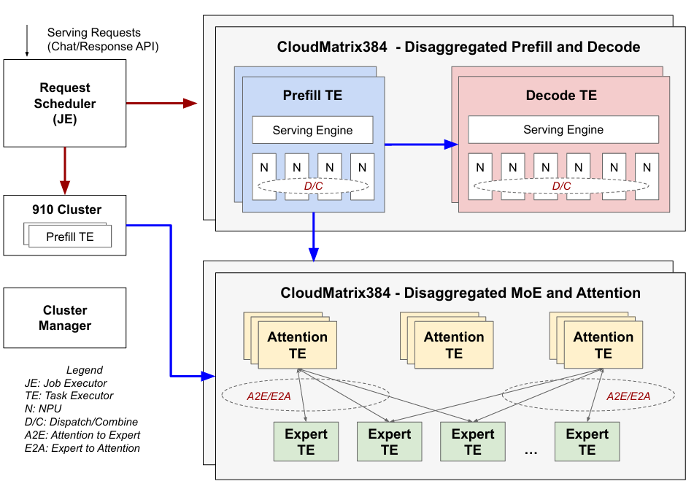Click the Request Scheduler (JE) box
tap(65, 104)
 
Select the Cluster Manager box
tap(65, 318)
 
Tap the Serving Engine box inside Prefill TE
tap(312, 131)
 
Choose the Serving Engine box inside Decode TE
tap(563, 130)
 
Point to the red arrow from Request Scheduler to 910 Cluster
tap(65, 169)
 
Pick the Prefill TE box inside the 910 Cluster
tap(71, 236)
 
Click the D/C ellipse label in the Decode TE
tap(561, 186)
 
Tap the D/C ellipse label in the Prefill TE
tap(313, 186)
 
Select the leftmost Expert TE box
tap(306, 442)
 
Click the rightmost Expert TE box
tap(587, 442)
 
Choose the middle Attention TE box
tap(454, 345)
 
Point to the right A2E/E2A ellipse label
tap(628, 396)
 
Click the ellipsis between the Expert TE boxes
tap(531, 453)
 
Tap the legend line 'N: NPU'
tap(43, 409)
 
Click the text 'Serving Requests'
tap(94, 33)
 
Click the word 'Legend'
tap(84, 370)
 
